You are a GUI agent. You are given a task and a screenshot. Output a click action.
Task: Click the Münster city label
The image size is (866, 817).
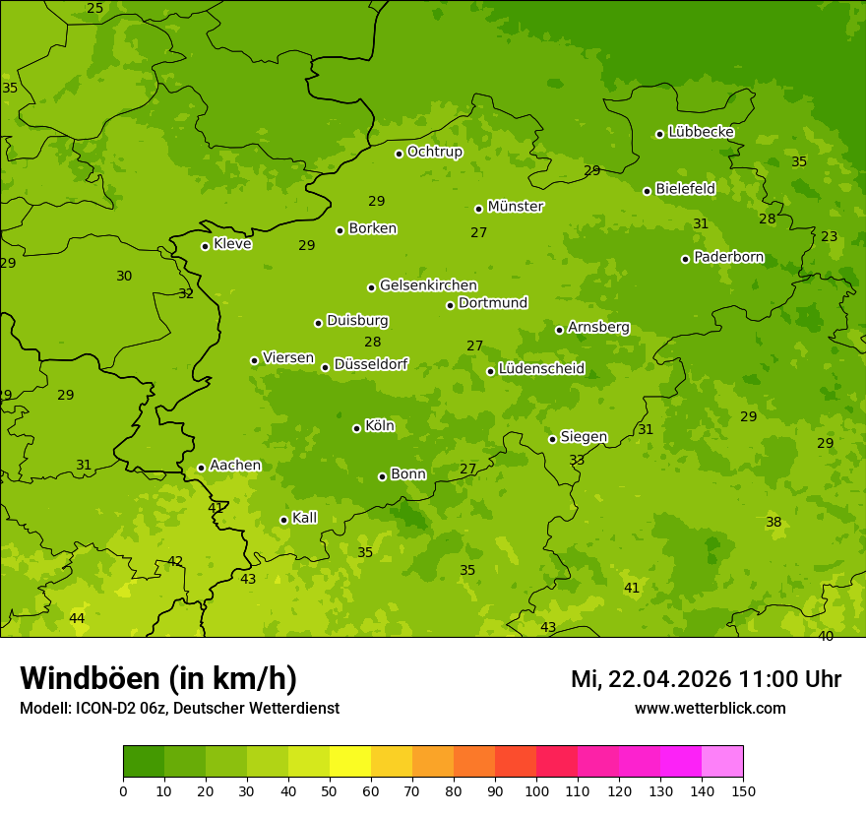tap(516, 207)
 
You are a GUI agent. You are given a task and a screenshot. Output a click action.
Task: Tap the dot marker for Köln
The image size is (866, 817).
tap(356, 428)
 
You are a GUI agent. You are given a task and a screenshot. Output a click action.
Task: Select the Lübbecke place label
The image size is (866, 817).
tap(701, 132)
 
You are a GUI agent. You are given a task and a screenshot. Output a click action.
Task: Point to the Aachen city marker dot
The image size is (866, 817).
tap(201, 468)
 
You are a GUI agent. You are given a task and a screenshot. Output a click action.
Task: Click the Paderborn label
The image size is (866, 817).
tap(728, 257)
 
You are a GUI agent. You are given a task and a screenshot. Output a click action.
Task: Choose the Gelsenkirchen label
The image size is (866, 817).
tap(428, 285)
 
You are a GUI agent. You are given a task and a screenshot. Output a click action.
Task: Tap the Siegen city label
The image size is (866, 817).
tap(584, 437)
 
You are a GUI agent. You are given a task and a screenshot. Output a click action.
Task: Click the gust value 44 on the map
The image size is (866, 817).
tap(77, 618)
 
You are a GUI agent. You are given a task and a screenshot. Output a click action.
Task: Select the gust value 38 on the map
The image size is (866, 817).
tap(773, 522)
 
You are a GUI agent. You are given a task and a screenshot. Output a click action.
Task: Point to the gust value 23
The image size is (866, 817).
tap(830, 236)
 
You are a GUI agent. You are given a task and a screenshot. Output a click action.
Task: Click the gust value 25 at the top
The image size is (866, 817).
tap(94, 9)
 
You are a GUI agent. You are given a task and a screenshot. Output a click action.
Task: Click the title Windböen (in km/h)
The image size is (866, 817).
tap(158, 678)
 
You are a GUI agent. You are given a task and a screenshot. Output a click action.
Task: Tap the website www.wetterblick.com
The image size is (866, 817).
tap(710, 708)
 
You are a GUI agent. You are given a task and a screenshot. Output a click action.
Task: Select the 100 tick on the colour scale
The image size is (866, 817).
tap(536, 789)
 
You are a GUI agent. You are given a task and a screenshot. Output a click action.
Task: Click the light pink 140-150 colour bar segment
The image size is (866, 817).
tap(722, 762)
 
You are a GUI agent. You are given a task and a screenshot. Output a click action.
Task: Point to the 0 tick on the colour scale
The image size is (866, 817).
tap(123, 789)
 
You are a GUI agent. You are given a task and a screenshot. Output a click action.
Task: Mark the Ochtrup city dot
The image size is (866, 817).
tap(399, 154)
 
